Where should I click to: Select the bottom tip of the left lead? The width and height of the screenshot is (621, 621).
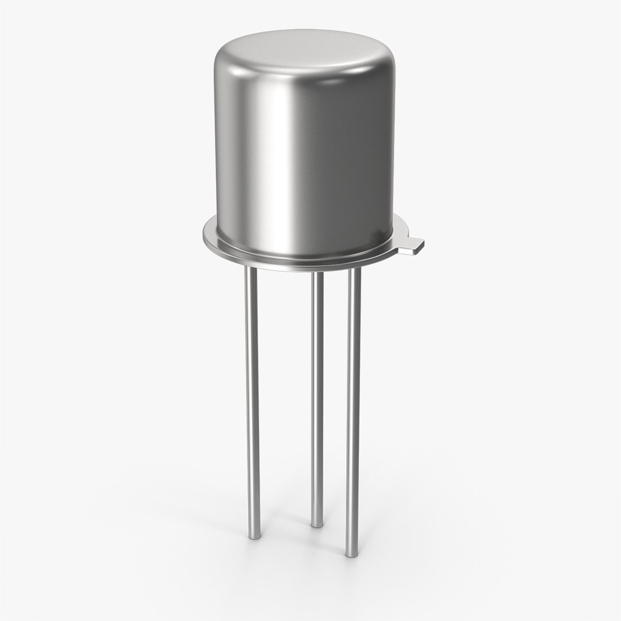253,535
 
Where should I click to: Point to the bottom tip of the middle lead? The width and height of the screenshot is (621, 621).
317,523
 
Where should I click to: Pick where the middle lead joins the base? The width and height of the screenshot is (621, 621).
317,274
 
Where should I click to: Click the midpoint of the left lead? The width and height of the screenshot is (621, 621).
252,402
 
